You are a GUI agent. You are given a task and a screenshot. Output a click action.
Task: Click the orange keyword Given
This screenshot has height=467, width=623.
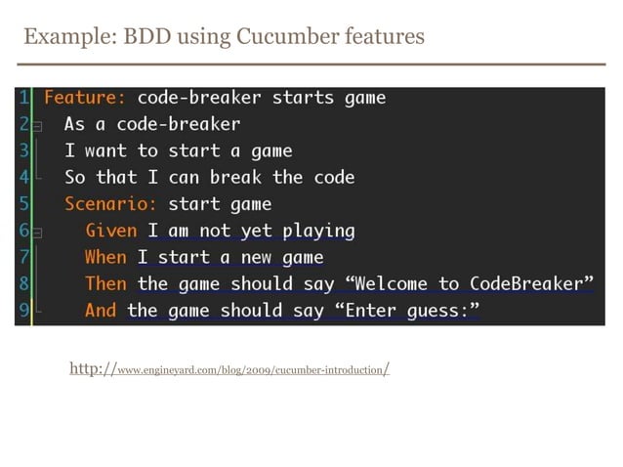tap(110, 231)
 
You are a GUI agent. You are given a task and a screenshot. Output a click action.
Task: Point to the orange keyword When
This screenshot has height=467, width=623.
tap(105, 257)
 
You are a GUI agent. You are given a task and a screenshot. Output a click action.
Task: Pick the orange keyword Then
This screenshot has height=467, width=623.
tap(105, 283)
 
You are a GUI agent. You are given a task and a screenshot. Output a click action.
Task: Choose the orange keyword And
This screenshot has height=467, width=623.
tap(101, 310)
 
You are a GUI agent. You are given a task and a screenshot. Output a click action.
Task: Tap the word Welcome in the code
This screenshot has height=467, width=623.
tap(392, 283)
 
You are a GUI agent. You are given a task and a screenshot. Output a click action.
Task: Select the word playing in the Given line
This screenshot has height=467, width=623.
tap(318, 231)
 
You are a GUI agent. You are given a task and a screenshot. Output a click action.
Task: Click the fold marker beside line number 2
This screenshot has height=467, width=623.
tap(37, 126)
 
